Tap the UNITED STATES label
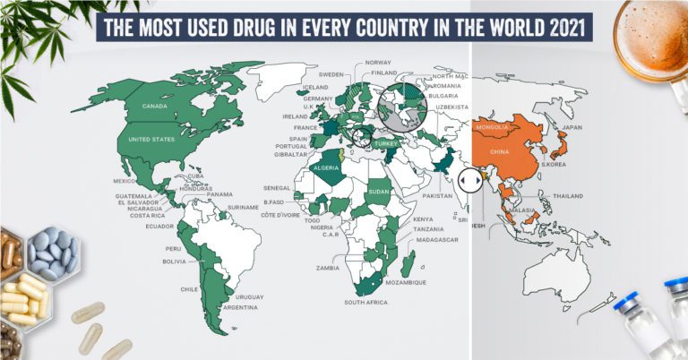151,140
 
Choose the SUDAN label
379,192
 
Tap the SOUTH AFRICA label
366,303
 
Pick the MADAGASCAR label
434,240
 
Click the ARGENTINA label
242,307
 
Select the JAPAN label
571,127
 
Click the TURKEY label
386,144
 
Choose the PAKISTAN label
438,195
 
